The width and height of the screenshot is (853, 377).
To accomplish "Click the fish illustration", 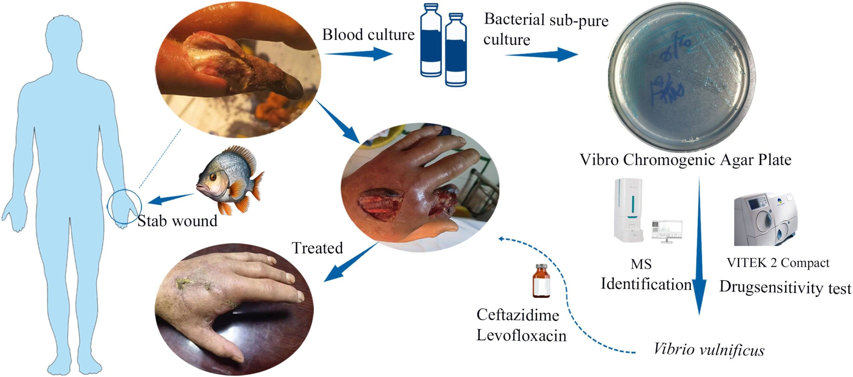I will click(230, 180).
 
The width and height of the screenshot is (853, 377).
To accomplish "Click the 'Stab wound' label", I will click(177, 221).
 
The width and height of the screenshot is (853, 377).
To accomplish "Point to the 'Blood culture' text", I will click(368, 35).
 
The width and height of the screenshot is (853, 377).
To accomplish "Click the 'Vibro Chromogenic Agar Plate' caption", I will click(686, 160).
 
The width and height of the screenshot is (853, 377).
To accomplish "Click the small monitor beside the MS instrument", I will click(666, 230).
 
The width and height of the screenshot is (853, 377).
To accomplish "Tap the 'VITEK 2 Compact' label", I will click(778, 263).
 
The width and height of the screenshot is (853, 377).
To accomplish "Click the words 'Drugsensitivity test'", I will click(785, 288).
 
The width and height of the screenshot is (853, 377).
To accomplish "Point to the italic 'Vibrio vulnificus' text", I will click(709, 350).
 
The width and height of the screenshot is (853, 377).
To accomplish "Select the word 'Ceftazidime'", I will click(518, 315).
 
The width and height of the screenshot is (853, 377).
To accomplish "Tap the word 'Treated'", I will click(317, 248).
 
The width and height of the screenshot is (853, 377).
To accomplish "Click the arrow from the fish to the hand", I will click(171, 199).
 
